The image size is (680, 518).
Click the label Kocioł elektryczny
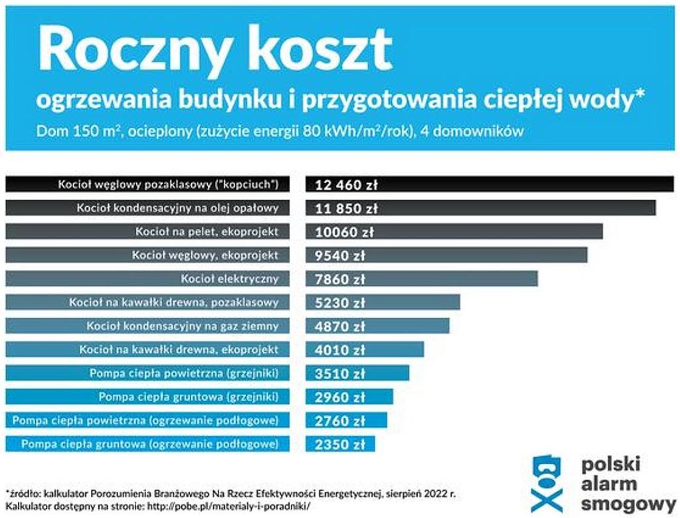tap(230, 279)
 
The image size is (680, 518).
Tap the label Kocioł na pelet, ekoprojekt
tap(207, 231)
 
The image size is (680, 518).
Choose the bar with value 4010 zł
tap(365, 350)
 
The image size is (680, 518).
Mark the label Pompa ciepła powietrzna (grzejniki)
tap(184, 373)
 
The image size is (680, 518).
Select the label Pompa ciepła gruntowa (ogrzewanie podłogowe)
tap(150, 444)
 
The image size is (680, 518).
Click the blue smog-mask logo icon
tap(547, 483)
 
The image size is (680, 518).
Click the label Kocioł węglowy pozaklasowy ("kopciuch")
tap(167, 184)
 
